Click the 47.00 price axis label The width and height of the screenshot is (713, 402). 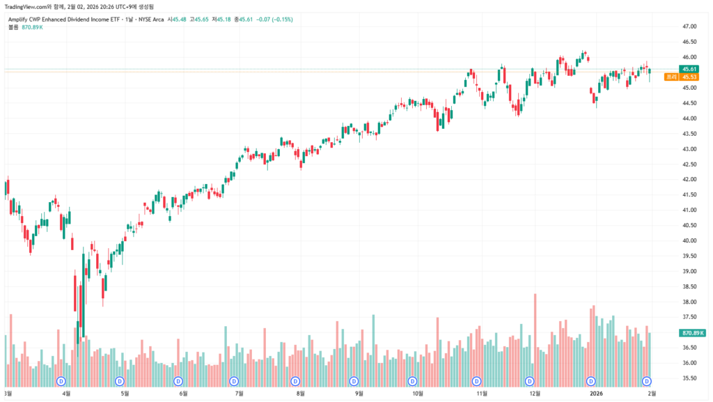[690, 26]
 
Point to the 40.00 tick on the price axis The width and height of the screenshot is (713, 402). [690, 241]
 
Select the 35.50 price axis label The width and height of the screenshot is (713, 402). [690, 378]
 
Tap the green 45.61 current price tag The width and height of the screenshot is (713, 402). [689, 69]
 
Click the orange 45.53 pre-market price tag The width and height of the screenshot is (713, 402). [689, 77]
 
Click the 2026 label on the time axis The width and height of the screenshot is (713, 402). [596, 394]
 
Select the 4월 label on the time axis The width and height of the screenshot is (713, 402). [67, 394]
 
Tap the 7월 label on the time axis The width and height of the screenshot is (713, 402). [239, 394]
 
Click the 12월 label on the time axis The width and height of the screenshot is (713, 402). [535, 394]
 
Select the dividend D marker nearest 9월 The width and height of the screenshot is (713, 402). [354, 381]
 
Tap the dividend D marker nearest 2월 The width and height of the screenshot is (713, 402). [647, 381]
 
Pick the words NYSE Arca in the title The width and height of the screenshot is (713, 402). [150, 19]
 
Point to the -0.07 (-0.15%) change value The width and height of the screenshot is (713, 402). [274, 19]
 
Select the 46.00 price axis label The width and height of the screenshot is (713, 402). [690, 57]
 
